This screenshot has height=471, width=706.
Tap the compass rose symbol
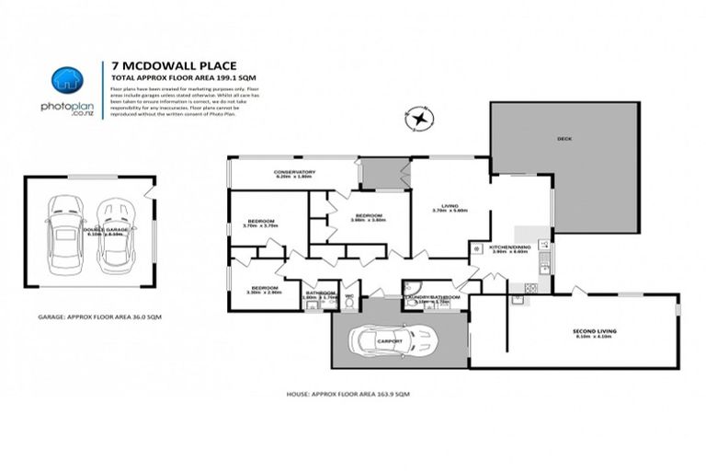pos(420,120)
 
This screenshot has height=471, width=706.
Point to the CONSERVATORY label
pos(294,172)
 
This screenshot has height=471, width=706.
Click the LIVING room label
pos(450,205)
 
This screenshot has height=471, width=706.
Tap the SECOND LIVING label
pos(594,330)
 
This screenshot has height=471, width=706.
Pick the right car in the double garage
pos(116,235)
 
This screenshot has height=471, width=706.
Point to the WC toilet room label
pos(349,296)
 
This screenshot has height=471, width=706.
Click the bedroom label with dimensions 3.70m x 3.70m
pos(260,222)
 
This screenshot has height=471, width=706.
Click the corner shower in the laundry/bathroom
pos(413,286)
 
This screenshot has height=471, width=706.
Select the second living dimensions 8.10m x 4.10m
pos(594,337)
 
